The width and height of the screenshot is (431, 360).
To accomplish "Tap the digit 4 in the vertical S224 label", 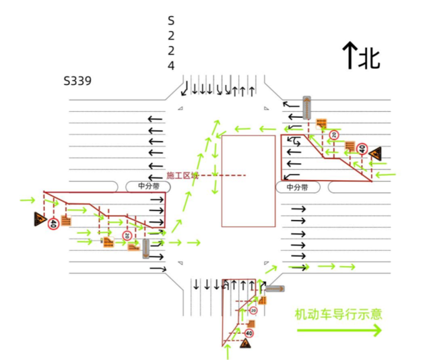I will (x=171, y=65).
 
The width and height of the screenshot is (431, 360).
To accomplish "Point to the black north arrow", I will (x=350, y=55).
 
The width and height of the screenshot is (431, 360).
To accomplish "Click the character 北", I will (x=369, y=57).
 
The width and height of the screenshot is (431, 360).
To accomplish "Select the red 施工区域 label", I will (x=182, y=175).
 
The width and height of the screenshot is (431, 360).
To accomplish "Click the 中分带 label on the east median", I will (x=297, y=187).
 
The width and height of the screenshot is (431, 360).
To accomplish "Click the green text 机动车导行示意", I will (x=338, y=313).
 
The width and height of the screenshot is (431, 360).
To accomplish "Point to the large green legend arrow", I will (x=339, y=330).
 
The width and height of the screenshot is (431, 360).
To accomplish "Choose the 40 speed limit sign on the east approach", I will (x=362, y=149).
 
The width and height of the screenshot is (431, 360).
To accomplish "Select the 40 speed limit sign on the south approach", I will (x=249, y=332).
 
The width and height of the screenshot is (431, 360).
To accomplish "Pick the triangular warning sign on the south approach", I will (x=246, y=344).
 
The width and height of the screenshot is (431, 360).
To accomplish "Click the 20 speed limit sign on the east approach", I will (x=333, y=136).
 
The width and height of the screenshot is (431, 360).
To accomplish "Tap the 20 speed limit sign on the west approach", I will (x=126, y=235).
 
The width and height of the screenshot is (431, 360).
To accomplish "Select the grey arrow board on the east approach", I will (x=307, y=108).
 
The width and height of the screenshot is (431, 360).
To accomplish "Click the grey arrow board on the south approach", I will (x=275, y=289).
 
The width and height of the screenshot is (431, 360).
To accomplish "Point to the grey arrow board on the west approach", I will (x=145, y=248).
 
